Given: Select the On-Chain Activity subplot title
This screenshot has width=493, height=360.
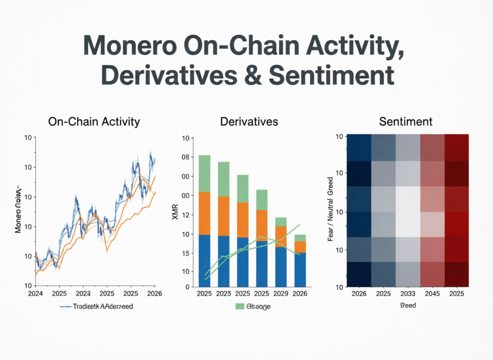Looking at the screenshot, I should pyautogui.click(x=94, y=121).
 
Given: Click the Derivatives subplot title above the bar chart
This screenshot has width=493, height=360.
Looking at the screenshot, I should pyautogui.click(x=249, y=121).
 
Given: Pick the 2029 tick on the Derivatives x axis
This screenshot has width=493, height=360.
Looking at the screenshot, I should pyautogui.click(x=281, y=293).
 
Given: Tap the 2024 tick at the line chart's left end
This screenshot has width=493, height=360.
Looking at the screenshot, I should pyautogui.click(x=36, y=293).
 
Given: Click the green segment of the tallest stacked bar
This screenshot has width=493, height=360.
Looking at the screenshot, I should pyautogui.click(x=205, y=173).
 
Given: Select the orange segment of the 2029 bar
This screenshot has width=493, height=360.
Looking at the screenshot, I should pyautogui.click(x=281, y=237).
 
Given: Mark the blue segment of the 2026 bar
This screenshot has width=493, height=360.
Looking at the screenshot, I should pyautogui.click(x=300, y=269).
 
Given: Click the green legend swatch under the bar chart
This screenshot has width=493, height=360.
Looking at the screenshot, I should pyautogui.click(x=240, y=307).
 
